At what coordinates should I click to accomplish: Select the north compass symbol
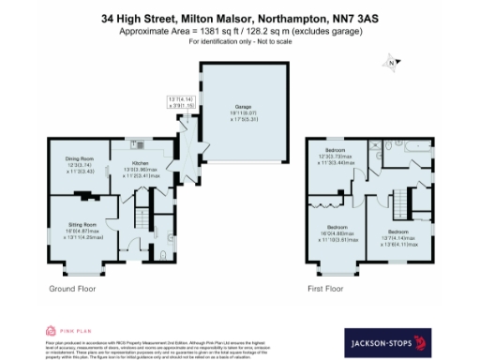point(392,64)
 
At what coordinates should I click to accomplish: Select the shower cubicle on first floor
point(374,147)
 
